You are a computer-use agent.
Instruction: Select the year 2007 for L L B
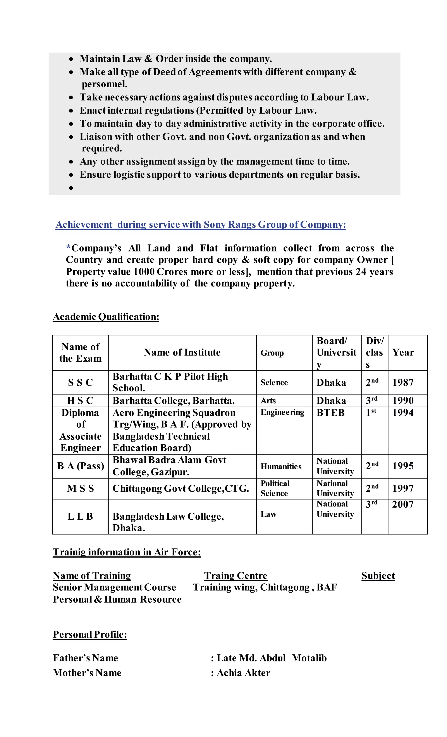click(402, 504)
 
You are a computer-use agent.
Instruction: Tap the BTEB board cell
click(330, 413)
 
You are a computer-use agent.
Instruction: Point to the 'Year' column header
click(403, 352)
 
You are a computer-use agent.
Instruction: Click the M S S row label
click(80, 488)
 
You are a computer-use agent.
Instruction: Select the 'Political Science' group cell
click(275, 488)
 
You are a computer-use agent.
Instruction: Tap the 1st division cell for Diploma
click(371, 413)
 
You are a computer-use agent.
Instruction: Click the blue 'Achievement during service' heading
click(201, 224)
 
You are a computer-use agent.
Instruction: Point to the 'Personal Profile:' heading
click(90, 634)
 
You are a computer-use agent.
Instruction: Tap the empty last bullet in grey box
click(71, 188)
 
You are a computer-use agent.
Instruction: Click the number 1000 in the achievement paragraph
click(144, 272)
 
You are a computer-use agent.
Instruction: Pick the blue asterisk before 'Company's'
click(68, 247)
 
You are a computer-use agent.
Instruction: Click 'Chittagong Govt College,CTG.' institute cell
click(181, 488)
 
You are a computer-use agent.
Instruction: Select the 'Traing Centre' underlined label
click(236, 576)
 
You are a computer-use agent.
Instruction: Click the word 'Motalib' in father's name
click(309, 658)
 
